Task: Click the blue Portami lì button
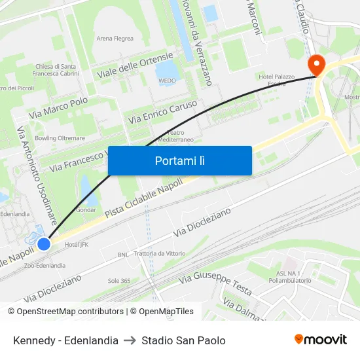tap(180, 160)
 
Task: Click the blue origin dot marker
tap(44, 244)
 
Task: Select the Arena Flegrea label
tap(115, 39)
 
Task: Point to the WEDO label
tap(167, 81)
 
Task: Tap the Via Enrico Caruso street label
tap(163, 112)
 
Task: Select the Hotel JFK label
tap(77, 245)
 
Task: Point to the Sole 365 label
tap(119, 281)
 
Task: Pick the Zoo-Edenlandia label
tap(45, 266)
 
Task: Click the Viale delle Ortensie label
tap(135, 65)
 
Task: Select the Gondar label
tap(86, 210)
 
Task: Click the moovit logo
tap(320, 340)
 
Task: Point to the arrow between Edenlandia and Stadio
tap(130, 340)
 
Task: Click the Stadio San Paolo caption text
tap(183, 340)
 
